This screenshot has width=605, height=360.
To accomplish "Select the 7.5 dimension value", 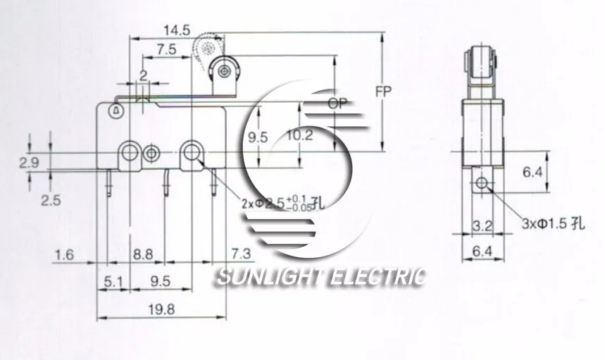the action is pyautogui.click(x=166, y=49).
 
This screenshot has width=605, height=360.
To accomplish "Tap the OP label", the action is pyautogui.click(x=339, y=104).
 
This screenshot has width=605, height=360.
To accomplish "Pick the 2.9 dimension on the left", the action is pyautogui.click(x=29, y=163).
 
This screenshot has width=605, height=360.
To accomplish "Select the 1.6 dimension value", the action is pyautogui.click(x=64, y=254).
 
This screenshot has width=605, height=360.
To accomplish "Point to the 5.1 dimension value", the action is pyautogui.click(x=113, y=282).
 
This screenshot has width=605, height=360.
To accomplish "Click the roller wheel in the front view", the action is pyautogui.click(x=224, y=70).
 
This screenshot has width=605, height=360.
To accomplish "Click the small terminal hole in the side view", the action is pyautogui.click(x=482, y=184).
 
